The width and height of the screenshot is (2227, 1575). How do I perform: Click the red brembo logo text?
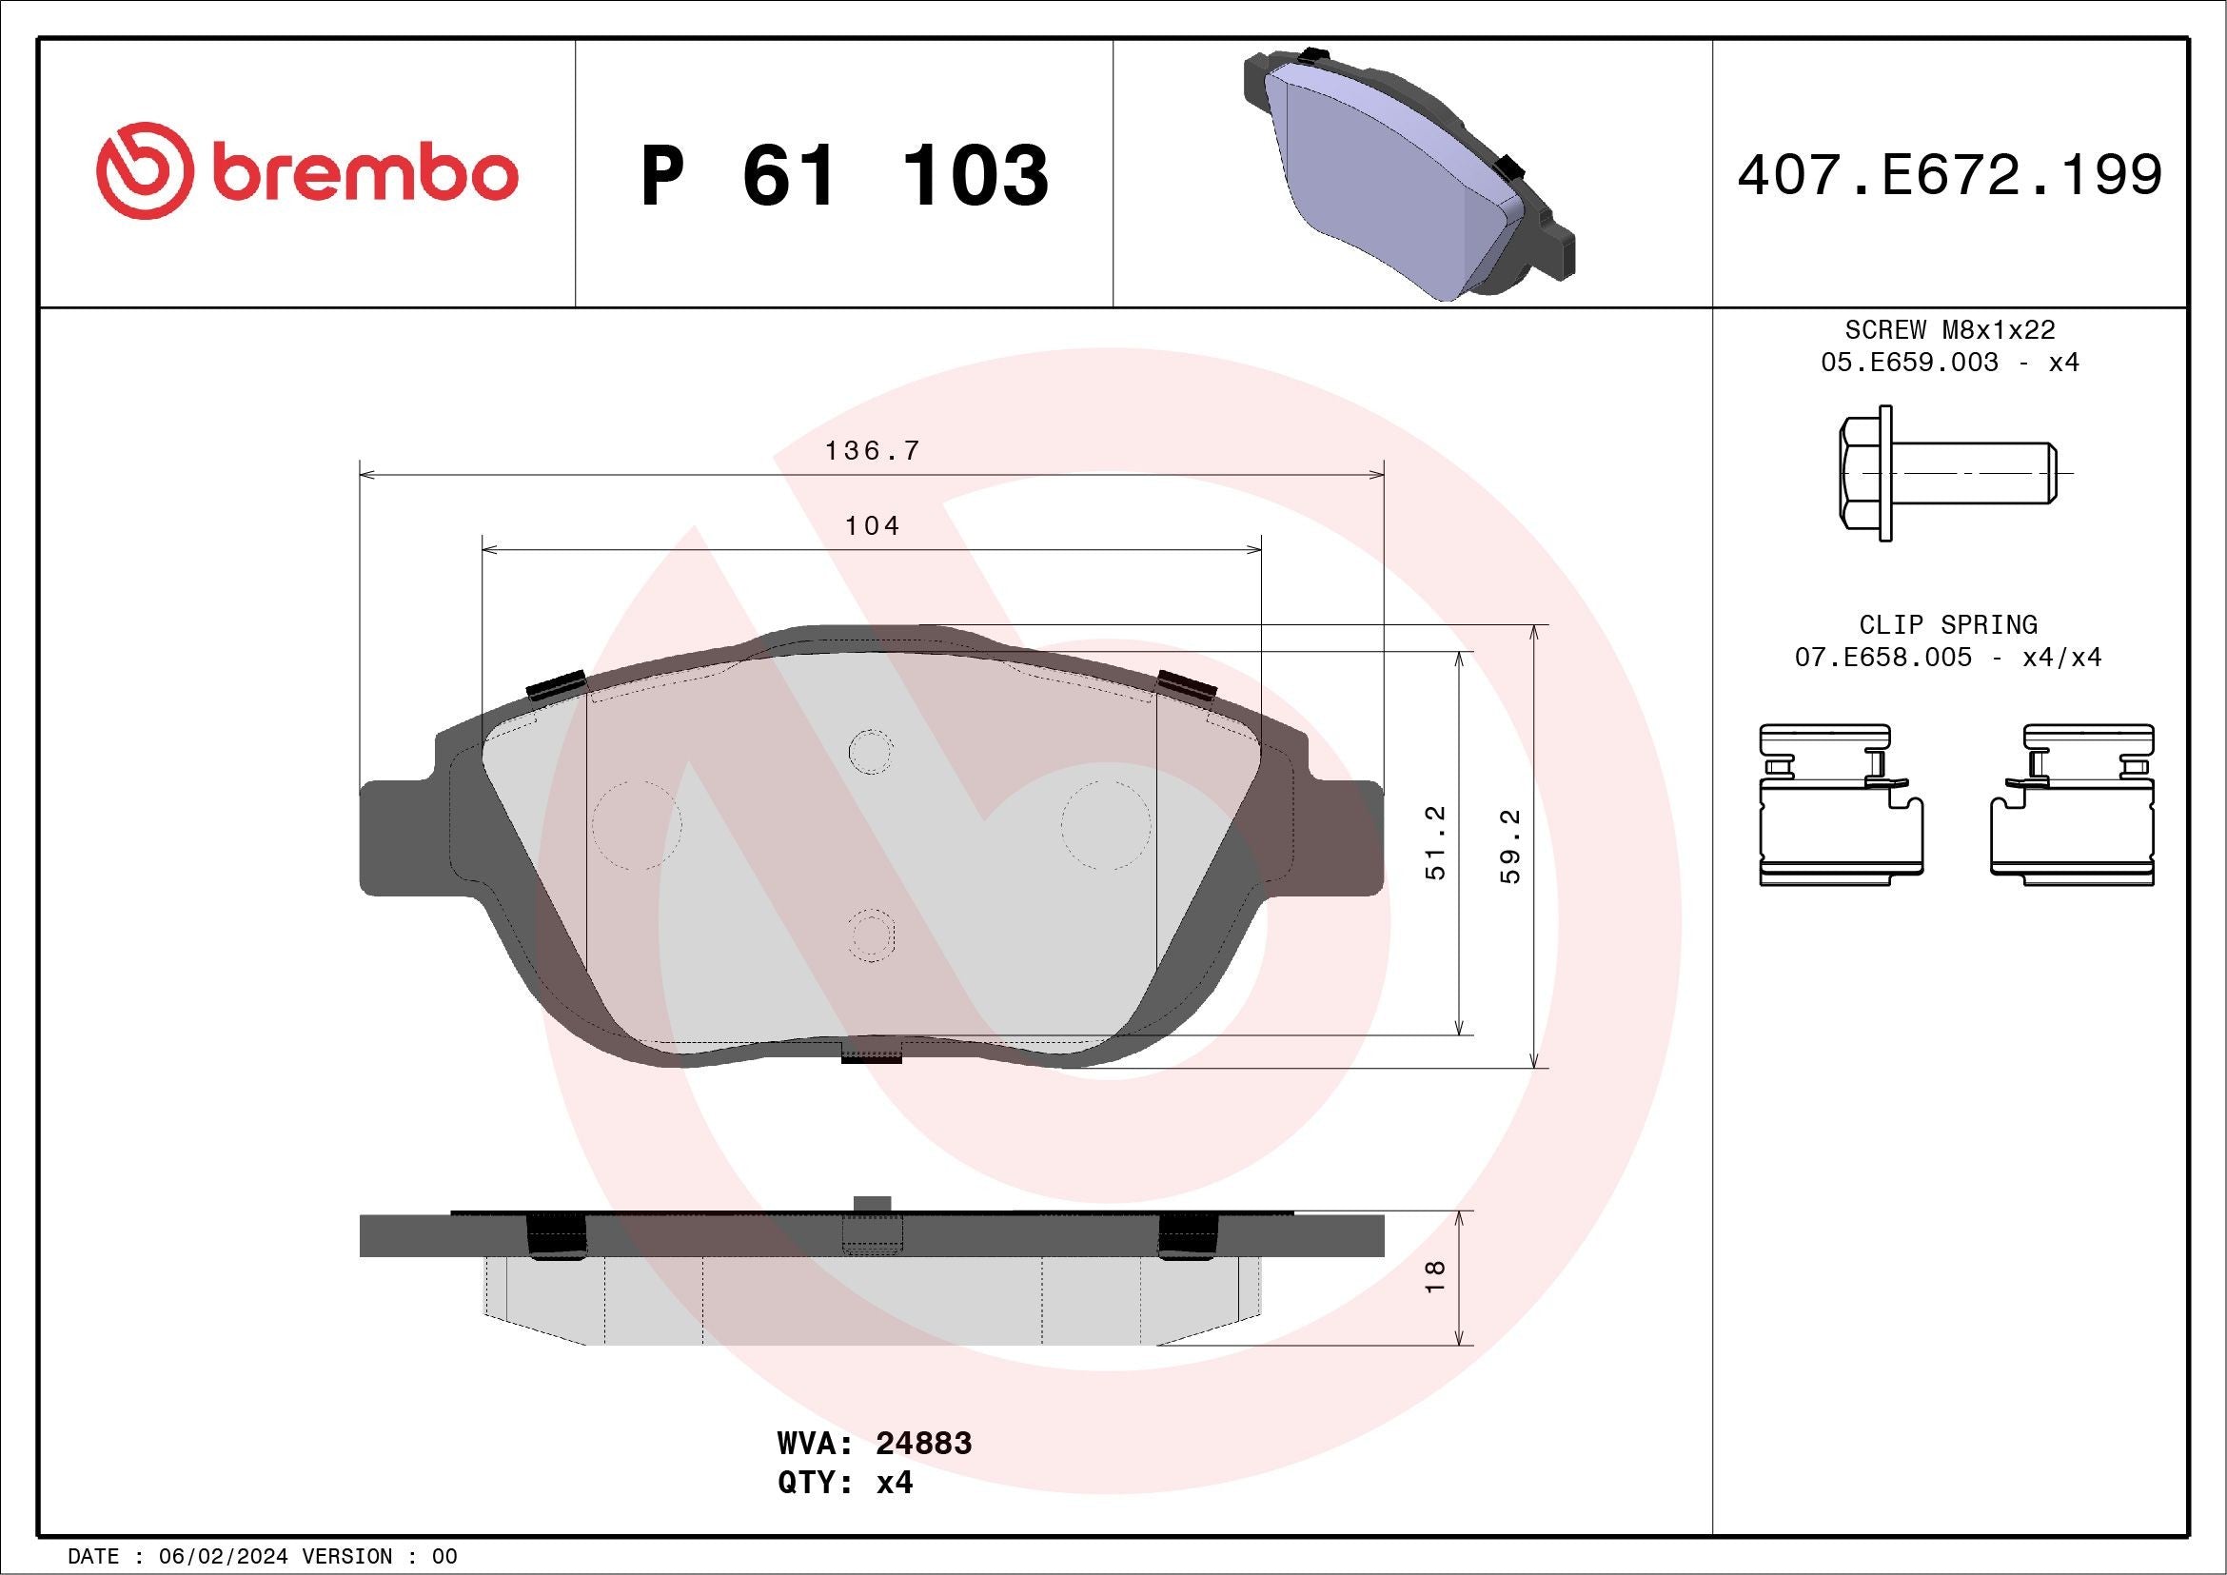[364, 173]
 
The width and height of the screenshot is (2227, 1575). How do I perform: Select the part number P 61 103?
[844, 175]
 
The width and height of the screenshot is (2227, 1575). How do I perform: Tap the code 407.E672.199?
[1950, 175]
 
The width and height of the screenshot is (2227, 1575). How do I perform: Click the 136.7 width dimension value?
[871, 451]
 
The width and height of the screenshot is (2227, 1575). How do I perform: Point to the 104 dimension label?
[872, 525]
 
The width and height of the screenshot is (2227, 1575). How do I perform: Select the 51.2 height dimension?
[1435, 842]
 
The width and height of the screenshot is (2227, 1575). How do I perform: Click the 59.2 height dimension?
[1511, 846]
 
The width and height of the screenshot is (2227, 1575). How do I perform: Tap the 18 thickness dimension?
[1435, 1276]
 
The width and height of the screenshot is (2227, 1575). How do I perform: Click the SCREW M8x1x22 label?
[1950, 329]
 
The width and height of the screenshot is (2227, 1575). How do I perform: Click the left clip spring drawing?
[1839, 804]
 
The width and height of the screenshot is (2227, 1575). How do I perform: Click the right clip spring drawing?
[2072, 804]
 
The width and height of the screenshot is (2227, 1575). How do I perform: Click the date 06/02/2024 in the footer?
[224, 1557]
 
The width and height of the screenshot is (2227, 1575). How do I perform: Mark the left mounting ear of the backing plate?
[398, 836]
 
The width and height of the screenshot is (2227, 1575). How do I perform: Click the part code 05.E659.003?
[1909, 363]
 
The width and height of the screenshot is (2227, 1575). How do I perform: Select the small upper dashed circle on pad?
[870, 751]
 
